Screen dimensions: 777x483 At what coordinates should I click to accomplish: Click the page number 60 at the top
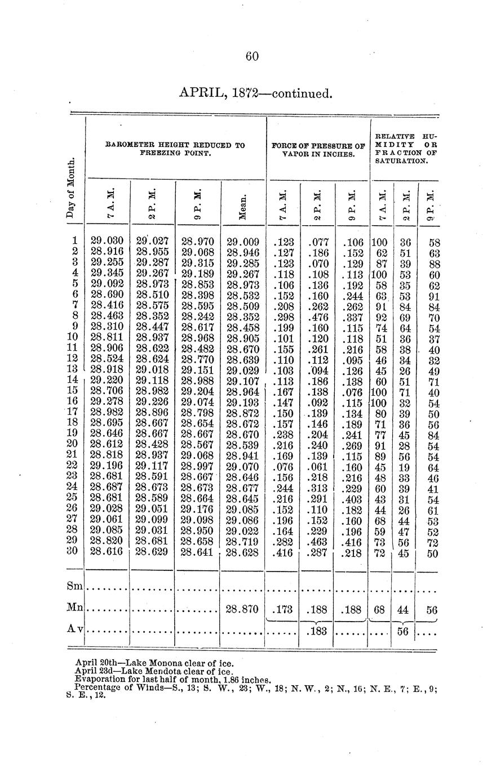251,56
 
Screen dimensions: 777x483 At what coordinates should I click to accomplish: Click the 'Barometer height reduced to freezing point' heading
175,149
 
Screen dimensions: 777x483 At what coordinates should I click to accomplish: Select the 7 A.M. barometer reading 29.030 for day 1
107,243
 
